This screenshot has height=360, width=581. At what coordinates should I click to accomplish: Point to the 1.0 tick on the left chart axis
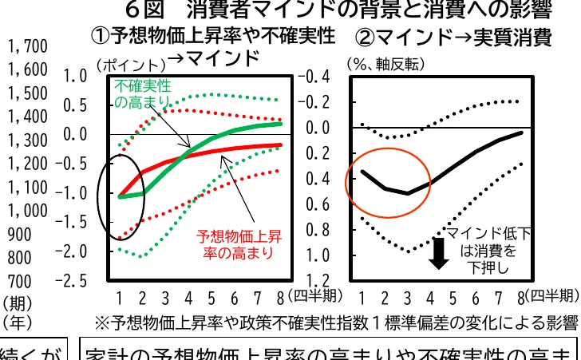click(75, 77)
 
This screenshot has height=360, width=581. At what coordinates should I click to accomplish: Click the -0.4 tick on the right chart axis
click(313, 77)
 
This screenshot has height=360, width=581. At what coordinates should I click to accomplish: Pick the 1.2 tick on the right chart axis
click(317, 280)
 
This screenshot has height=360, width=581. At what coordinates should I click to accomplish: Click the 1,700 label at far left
click(28, 46)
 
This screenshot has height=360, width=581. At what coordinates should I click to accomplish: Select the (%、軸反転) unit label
click(384, 63)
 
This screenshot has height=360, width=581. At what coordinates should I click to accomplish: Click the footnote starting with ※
click(335, 322)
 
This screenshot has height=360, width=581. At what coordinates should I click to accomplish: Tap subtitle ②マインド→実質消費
click(452, 37)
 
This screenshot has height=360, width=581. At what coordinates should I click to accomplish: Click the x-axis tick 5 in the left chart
click(211, 299)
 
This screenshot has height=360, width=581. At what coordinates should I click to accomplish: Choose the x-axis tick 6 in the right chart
click(476, 299)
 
